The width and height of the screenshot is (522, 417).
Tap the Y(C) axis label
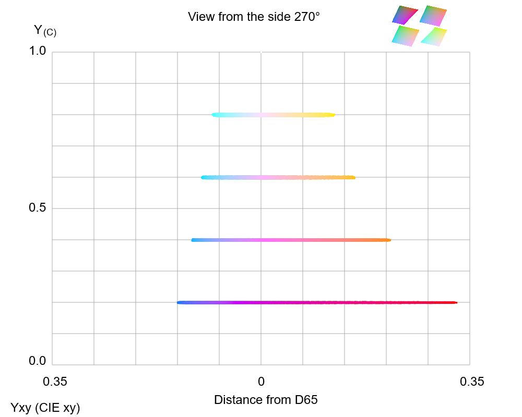click(x=45, y=30)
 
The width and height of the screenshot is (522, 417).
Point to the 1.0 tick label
click(x=38, y=51)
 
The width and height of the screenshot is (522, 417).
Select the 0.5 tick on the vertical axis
click(x=38, y=208)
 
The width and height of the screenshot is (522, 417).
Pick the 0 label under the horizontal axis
click(x=261, y=382)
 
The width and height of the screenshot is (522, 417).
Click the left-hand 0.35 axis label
click(x=55, y=382)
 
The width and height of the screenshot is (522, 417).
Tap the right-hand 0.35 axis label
click(x=471, y=382)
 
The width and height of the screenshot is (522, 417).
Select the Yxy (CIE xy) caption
click(x=45, y=408)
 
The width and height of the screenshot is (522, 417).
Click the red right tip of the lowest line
click(x=455, y=302)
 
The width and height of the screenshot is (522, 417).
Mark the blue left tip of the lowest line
click(x=179, y=302)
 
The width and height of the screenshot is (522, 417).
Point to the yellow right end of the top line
click(x=333, y=115)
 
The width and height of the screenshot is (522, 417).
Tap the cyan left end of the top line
click(x=213, y=115)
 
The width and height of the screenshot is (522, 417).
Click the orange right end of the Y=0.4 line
click(x=389, y=240)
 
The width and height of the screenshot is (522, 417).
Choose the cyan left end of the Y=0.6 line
click(x=203, y=177)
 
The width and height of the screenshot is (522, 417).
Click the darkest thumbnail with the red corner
click(x=405, y=15)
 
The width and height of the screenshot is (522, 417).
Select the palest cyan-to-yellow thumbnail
click(x=434, y=36)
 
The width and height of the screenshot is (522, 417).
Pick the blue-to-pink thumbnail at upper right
click(x=433, y=16)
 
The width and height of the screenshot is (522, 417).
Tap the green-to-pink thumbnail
click(x=406, y=36)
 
